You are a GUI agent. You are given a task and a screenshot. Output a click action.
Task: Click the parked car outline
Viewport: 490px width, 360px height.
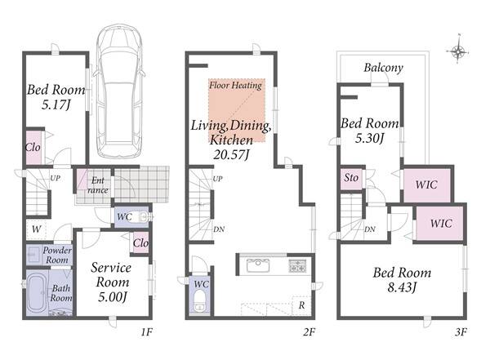point(120,91)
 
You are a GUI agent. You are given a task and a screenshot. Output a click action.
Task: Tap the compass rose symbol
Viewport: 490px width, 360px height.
point(458,50)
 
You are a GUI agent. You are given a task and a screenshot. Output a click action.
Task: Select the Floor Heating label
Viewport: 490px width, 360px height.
point(235,86)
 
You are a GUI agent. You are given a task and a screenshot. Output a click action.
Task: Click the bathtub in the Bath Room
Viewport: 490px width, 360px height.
point(38,293)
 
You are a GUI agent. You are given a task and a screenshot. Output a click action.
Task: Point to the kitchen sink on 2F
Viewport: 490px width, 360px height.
point(258,265)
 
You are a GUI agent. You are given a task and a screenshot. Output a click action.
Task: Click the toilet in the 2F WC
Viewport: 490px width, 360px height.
point(199,301)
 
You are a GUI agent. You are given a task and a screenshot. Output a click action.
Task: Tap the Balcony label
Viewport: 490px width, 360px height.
point(384,68)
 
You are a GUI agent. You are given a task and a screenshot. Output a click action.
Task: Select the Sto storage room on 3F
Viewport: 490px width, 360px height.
point(351,179)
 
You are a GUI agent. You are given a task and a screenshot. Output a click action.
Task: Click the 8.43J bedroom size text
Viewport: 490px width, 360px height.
point(402,287)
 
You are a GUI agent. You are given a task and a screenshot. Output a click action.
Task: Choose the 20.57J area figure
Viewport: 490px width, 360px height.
point(231,154)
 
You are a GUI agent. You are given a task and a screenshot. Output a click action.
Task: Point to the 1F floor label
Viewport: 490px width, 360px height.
point(146,332)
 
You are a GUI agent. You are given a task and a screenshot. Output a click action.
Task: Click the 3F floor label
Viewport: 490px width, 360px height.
point(461,332)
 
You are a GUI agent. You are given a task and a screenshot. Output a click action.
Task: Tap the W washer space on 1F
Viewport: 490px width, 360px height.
point(36,229)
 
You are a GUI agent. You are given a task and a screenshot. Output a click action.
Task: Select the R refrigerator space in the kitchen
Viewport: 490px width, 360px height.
point(301,305)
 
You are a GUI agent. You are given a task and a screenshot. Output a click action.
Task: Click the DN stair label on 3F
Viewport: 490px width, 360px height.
point(370,229)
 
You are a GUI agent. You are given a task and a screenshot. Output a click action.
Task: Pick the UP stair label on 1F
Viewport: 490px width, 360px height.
point(56,179)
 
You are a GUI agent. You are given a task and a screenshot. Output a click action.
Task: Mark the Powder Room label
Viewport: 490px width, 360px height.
point(57,255)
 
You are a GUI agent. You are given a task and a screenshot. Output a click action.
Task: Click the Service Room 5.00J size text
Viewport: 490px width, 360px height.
point(113,297)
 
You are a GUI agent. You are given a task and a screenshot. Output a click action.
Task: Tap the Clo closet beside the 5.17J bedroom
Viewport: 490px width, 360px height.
point(33,147)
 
